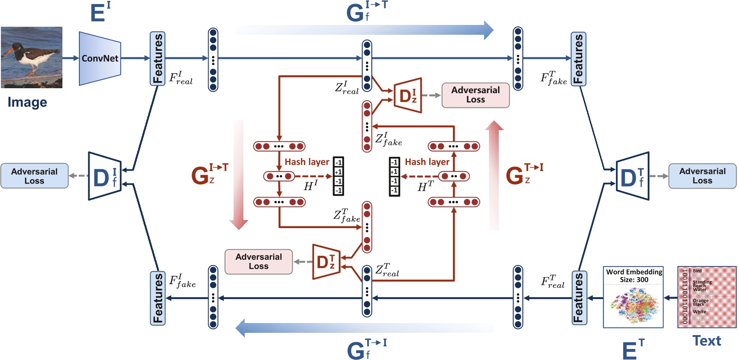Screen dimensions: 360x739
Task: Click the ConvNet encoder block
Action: [x=100, y=58]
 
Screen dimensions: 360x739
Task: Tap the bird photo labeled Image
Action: [x=31, y=57]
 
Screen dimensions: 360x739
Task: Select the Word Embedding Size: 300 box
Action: [x=633, y=297]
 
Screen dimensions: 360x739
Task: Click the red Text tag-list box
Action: [x=707, y=297]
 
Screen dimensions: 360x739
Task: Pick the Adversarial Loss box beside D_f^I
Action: [x=34, y=176]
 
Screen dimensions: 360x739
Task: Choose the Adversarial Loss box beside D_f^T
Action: [x=702, y=176]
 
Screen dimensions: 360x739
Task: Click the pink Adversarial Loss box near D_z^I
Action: [x=475, y=95]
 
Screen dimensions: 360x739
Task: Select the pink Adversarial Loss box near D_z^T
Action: [x=259, y=262]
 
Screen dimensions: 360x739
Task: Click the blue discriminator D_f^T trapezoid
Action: [x=632, y=176]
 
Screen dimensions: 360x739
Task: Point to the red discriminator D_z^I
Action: [x=408, y=95]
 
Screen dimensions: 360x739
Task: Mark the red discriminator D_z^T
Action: [x=326, y=262]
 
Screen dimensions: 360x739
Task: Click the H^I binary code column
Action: [x=338, y=176]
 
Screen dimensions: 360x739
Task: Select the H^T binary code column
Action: [x=394, y=176]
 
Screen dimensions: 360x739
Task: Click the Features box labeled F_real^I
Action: [x=157, y=58]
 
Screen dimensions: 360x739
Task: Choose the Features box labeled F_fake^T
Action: [x=579, y=58]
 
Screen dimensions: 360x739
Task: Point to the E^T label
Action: [x=633, y=350]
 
